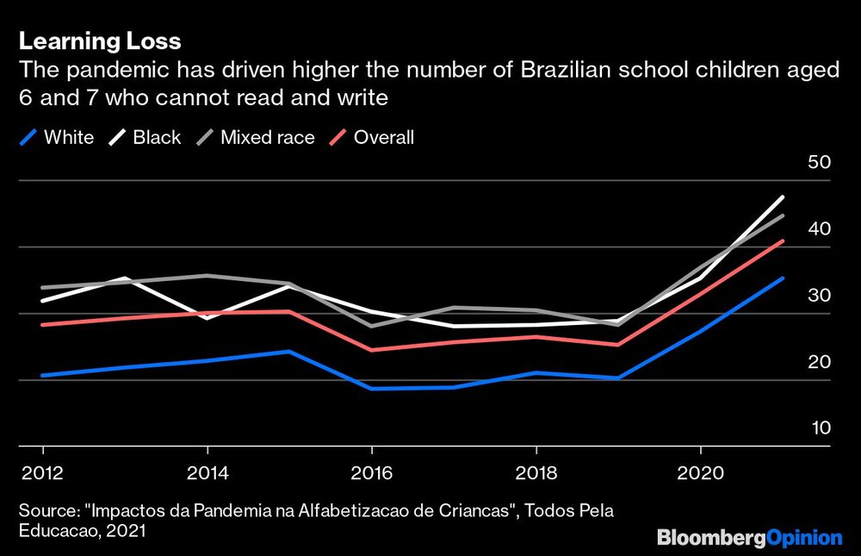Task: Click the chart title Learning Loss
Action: [x=99, y=41]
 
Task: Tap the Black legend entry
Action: [x=146, y=137]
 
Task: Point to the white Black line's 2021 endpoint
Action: [x=783, y=197]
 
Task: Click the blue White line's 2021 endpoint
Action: [x=783, y=278]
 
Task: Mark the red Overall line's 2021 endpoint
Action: [x=783, y=241]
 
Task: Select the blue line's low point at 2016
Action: [x=371, y=388]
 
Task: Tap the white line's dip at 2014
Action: [x=207, y=318]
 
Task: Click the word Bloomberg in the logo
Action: [x=710, y=538]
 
